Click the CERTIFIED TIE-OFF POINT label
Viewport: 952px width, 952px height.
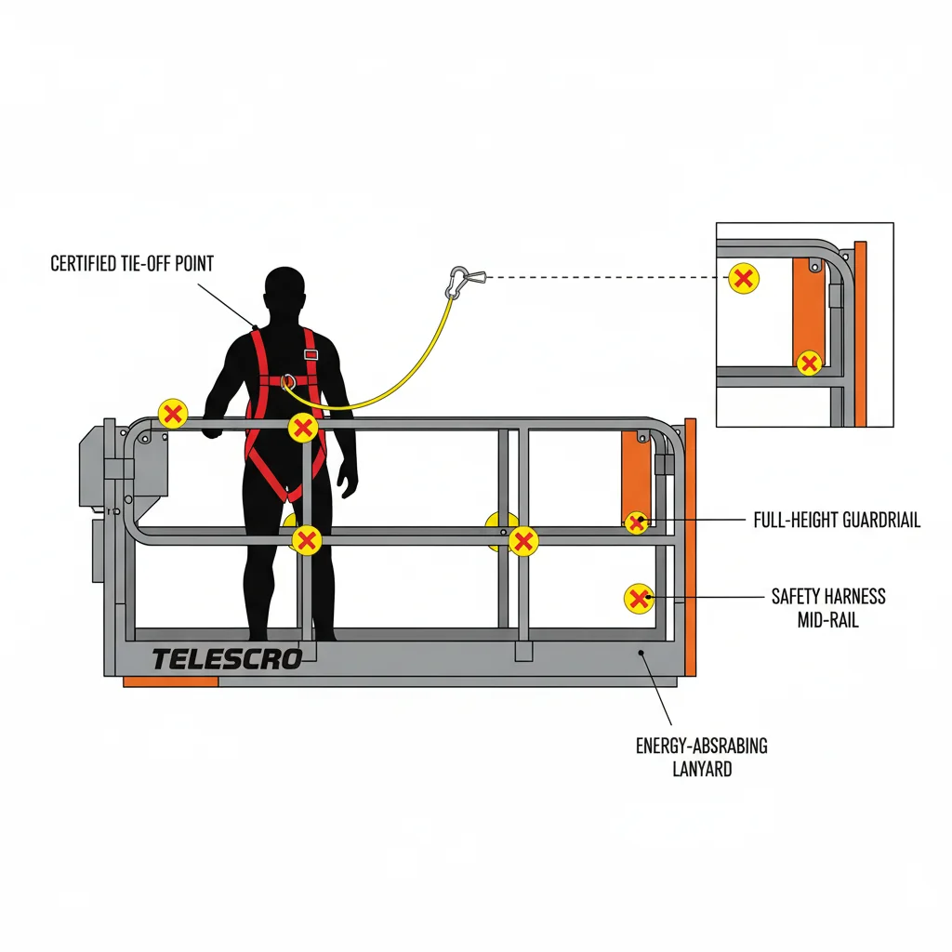click(x=132, y=264)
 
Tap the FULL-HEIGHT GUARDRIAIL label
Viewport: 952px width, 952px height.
click(x=836, y=521)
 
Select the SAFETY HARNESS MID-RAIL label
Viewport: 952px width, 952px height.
click(x=828, y=607)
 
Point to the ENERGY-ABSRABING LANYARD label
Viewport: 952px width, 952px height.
click(x=702, y=757)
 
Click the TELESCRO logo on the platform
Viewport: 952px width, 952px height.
click(x=227, y=659)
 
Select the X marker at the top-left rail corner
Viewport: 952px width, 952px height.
click(x=173, y=413)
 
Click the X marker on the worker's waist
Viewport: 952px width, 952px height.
click(x=303, y=428)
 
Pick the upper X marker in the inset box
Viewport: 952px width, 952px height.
click(x=743, y=277)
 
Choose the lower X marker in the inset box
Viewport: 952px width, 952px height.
click(x=810, y=363)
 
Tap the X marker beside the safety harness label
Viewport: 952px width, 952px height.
click(x=639, y=599)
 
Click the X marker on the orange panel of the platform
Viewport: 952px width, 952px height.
click(x=637, y=522)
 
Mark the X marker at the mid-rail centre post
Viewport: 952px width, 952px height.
click(x=523, y=541)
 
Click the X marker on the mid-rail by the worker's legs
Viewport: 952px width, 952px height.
click(x=307, y=539)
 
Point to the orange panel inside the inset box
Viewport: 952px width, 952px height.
click(x=808, y=307)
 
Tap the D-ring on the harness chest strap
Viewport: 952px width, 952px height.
click(x=289, y=380)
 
